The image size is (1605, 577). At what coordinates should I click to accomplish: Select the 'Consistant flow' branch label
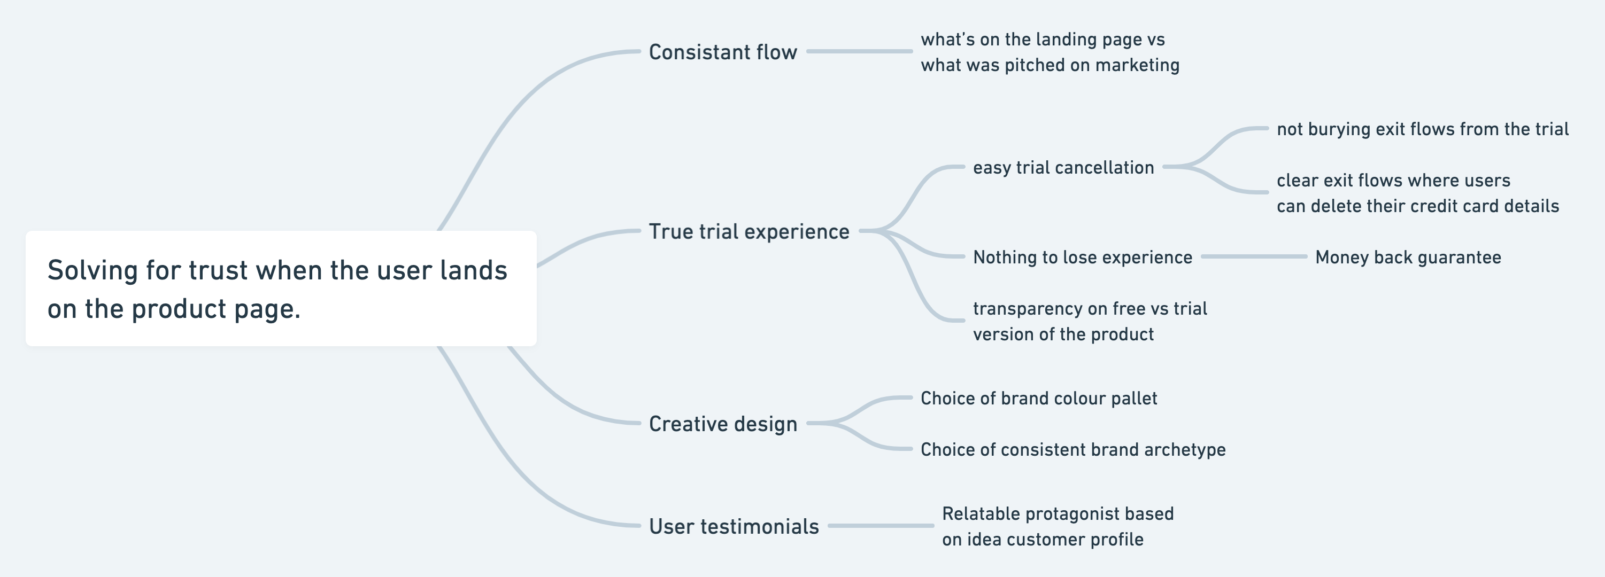point(723,52)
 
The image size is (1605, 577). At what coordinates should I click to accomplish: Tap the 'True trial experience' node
point(749,231)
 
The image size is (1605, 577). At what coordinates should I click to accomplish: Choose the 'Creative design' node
point(723,424)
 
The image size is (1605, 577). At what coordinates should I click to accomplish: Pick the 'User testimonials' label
point(734,527)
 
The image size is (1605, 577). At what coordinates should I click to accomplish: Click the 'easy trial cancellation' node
point(1063,167)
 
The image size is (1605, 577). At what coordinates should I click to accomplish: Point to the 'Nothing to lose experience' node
point(1082,257)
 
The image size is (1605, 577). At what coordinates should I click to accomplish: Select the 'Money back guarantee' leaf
point(1408,257)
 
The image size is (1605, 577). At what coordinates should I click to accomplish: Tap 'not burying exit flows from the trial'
point(1423,129)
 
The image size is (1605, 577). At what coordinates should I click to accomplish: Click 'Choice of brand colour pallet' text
point(1039,399)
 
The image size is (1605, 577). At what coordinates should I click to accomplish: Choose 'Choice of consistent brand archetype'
point(1073,449)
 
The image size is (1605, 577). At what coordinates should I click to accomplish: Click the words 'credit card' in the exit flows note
point(1455,206)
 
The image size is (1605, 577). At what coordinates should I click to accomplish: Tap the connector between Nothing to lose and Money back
point(1253,256)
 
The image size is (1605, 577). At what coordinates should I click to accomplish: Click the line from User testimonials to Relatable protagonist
point(880,526)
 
